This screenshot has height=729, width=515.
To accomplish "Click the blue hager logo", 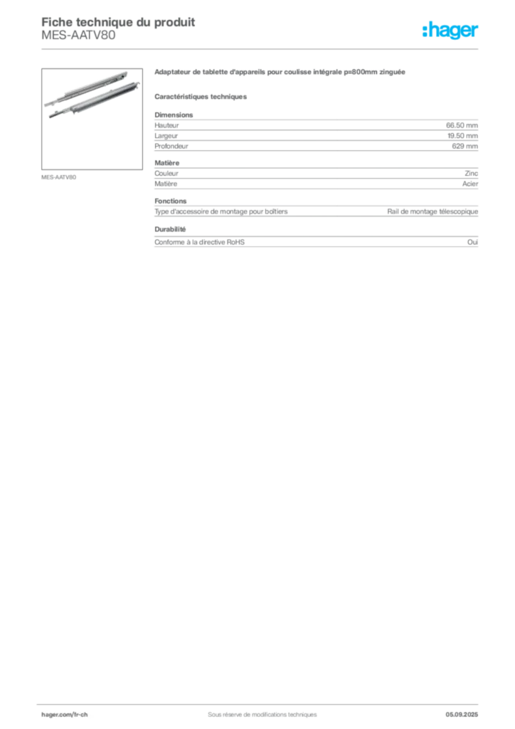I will [452, 31].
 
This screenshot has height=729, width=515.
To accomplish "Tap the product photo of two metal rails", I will [87, 93].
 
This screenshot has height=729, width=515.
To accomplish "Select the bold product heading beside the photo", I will [281, 73].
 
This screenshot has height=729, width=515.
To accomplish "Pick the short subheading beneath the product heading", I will [201, 95].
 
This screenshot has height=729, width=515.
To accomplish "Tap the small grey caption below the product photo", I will [60, 176].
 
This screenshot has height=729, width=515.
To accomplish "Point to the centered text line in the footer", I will [256, 710].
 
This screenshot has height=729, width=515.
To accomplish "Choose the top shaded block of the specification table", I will [316, 131].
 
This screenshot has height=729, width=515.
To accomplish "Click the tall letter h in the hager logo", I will [426, 30].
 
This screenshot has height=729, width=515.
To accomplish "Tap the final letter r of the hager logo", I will [477, 32].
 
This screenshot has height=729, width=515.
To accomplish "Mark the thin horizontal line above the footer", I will [262, 702].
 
